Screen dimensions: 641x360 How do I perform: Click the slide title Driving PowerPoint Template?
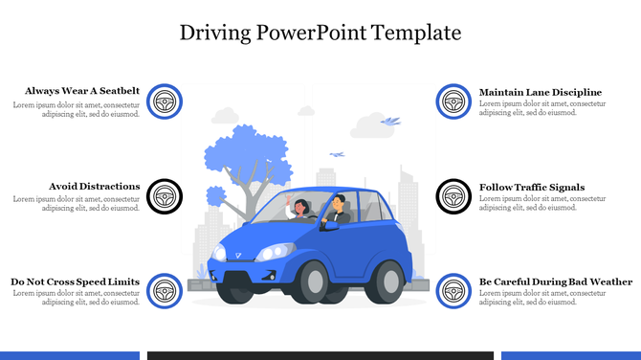pos(320,33)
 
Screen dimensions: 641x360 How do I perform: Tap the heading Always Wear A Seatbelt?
pos(82,91)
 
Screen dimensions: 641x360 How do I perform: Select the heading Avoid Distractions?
pos(95,187)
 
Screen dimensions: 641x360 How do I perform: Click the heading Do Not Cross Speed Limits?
pos(76,282)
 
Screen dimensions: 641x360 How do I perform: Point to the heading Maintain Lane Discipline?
pos(541,92)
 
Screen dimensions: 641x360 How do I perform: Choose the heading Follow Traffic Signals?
pos(532,188)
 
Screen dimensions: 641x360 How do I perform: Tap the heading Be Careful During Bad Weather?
pos(556,282)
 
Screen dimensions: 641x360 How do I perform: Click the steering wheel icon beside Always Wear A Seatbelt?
pos(166,101)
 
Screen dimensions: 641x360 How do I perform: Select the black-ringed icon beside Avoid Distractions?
pos(166,196)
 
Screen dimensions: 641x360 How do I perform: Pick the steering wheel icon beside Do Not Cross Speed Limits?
pos(166,291)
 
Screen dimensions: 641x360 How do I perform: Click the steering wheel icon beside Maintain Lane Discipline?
pos(453,101)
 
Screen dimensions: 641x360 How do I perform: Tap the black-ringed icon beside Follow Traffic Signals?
pos(453,196)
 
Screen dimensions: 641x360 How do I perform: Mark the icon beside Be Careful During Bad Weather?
pos(453,291)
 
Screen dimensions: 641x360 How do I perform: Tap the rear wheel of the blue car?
pos(388,281)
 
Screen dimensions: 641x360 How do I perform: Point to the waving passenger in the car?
pos(300,210)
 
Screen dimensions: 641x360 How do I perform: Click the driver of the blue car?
pos(338,210)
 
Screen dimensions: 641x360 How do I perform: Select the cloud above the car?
pos(369,125)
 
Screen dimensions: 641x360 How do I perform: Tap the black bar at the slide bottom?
pos(320,355)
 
